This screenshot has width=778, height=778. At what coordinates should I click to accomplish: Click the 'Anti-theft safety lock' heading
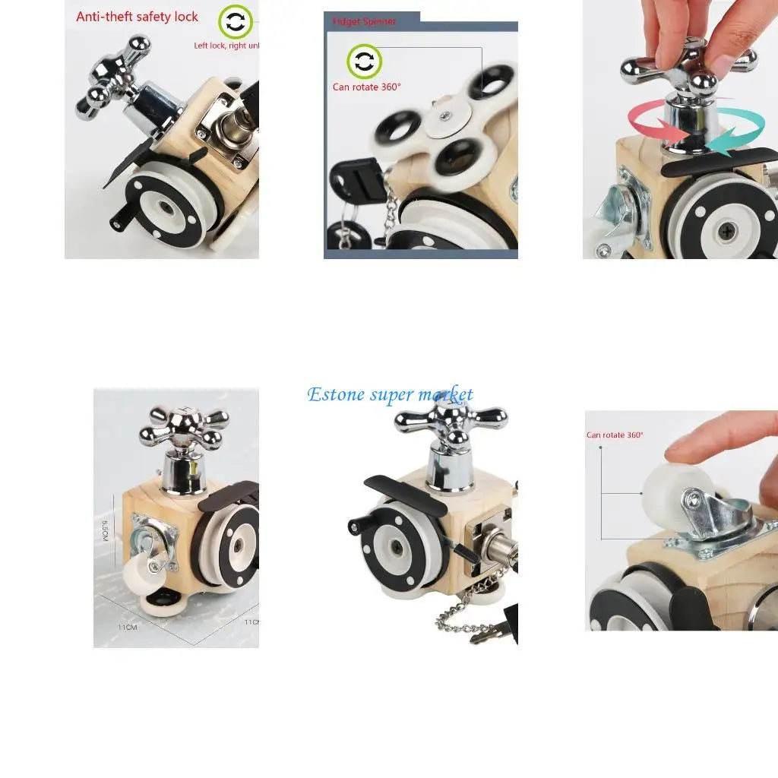coord(137,17)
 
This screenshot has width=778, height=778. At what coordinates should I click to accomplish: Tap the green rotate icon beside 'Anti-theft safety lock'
coord(236,22)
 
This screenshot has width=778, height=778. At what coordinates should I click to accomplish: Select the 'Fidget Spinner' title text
coord(364,21)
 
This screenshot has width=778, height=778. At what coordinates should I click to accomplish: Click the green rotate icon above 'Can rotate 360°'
coord(365,62)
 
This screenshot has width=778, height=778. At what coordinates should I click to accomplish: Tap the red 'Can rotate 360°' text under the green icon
coord(366,87)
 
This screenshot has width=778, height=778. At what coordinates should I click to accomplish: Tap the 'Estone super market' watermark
coord(390,394)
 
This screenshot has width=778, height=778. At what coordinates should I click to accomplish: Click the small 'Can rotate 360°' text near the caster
coord(615,435)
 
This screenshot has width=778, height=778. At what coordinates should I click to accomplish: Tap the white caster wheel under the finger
coord(669,487)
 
